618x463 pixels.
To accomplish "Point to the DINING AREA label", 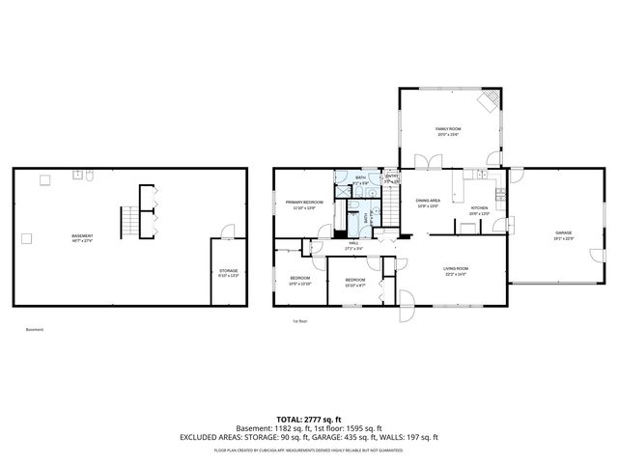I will (428, 203).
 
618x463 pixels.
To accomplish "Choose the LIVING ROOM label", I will (455, 271).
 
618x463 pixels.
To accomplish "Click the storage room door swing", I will (226, 231).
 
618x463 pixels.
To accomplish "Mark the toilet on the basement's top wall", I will (89, 177).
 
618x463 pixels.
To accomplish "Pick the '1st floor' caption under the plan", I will (299, 321).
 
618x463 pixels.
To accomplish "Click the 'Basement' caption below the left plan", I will (35, 330).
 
